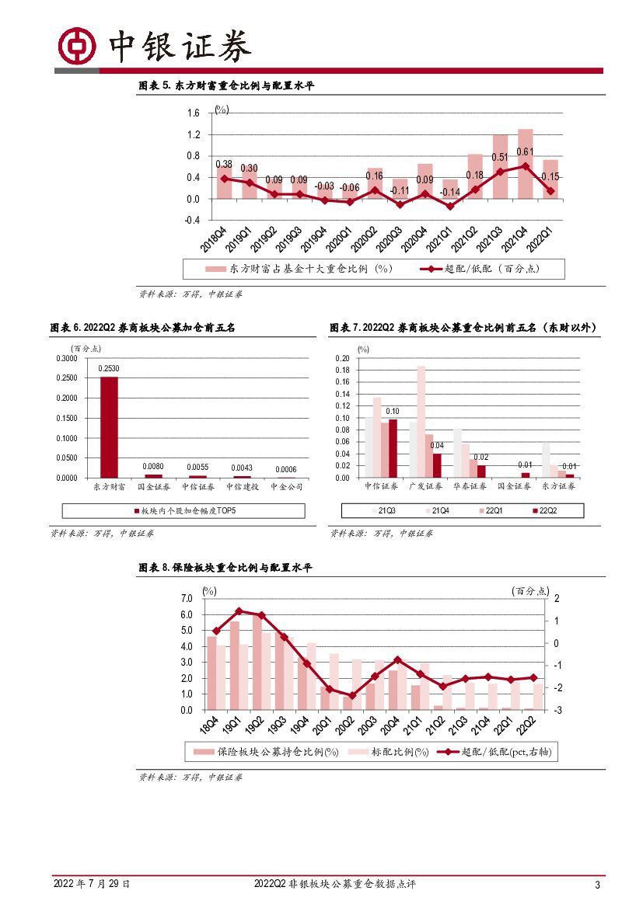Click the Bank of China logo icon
[76, 46]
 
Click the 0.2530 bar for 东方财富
[110, 427]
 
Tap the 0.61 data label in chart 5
[524, 152]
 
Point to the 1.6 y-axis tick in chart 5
[194, 113]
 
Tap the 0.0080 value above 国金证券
[154, 466]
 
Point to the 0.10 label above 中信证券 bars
[393, 411]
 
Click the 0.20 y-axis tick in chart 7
[343, 359]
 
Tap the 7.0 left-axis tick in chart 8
[186, 598]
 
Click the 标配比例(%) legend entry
[393, 752]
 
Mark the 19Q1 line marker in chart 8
[239, 611]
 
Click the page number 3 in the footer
[597, 885]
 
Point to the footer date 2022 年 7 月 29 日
[91, 884]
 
